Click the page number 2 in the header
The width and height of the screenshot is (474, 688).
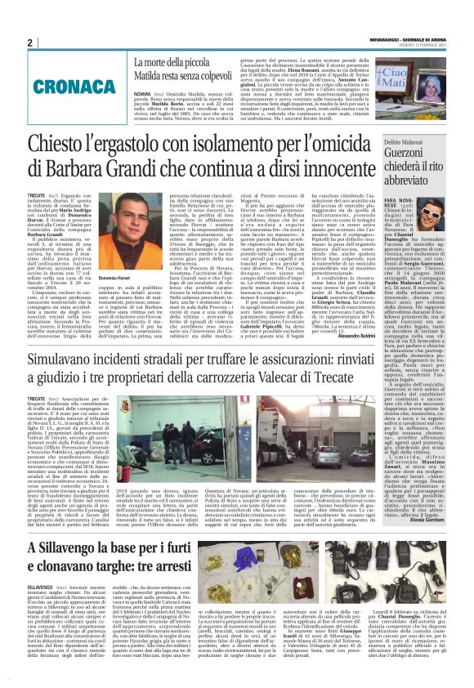click(29, 42)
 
